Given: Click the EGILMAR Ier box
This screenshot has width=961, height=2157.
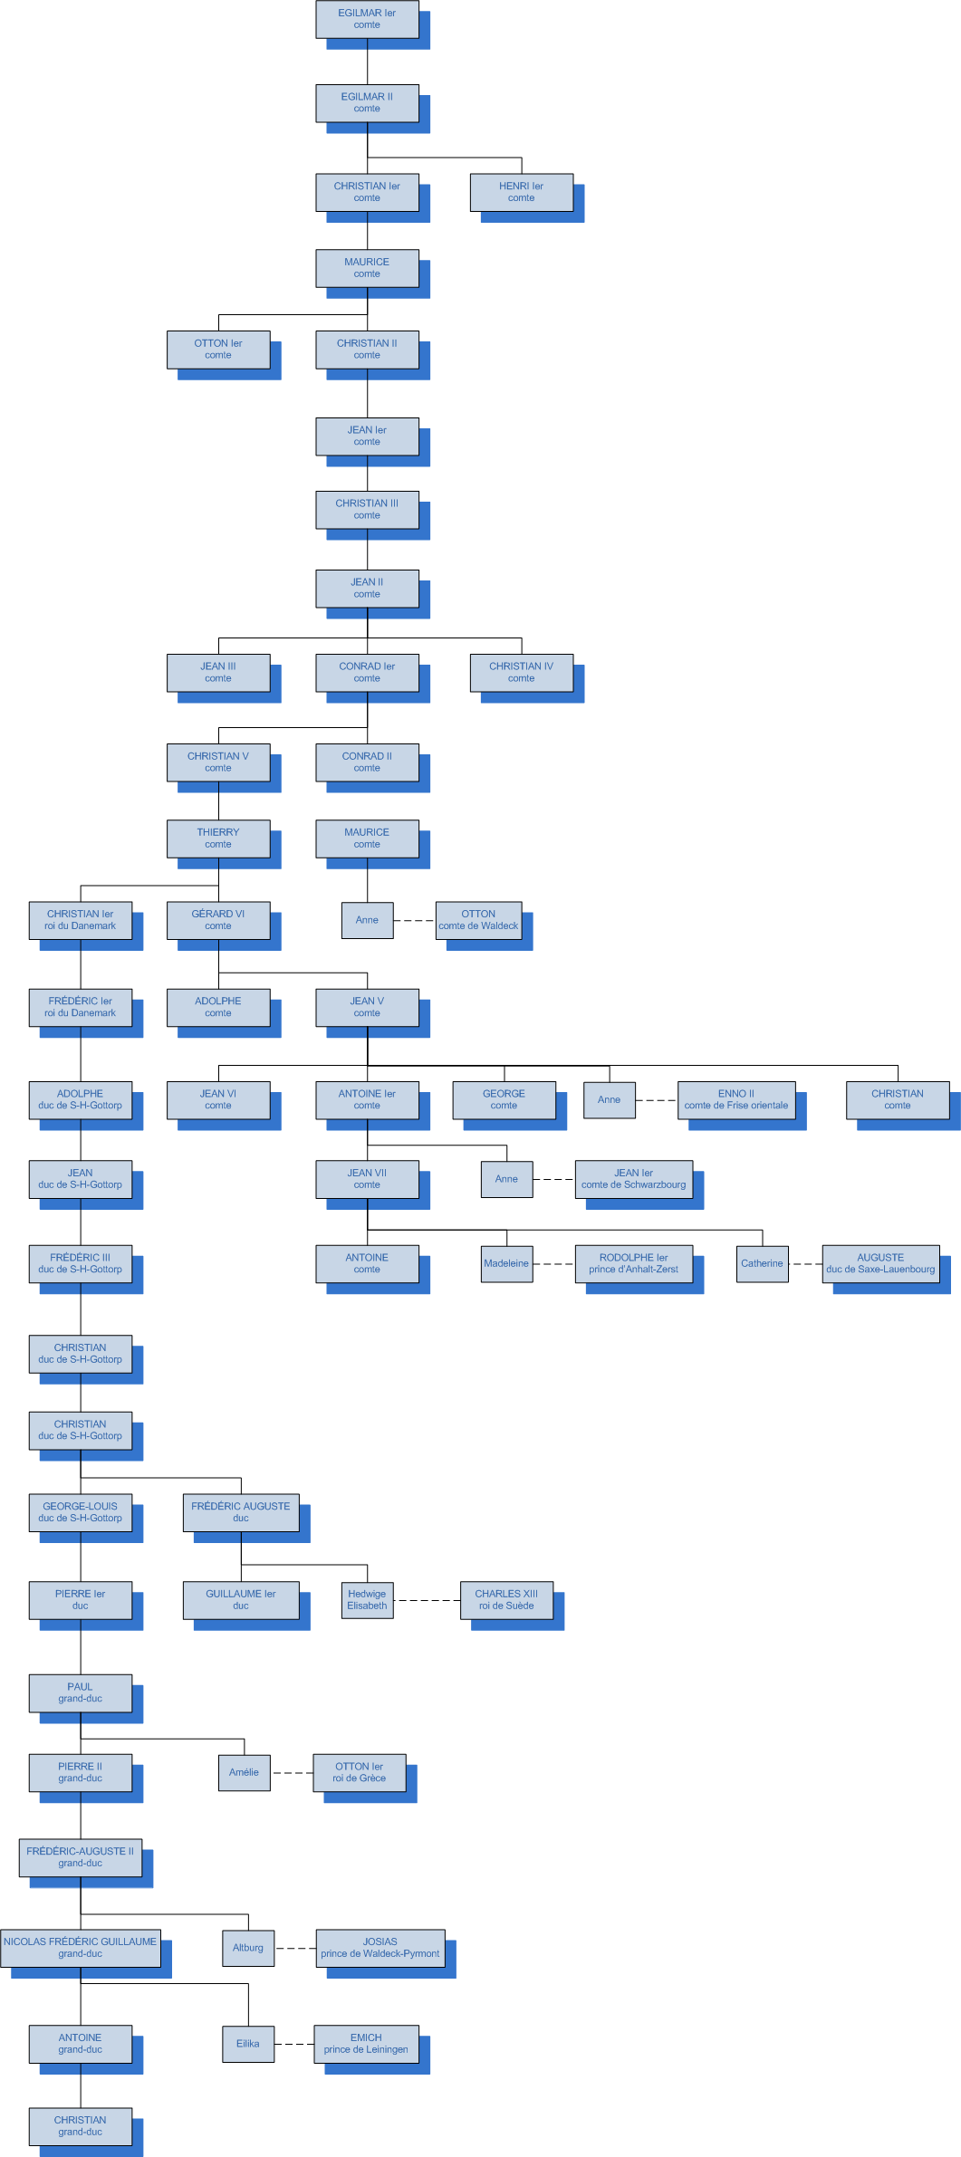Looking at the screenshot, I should pyautogui.click(x=367, y=19).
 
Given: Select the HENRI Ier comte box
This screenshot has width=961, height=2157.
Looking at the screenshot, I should pyautogui.click(x=521, y=192).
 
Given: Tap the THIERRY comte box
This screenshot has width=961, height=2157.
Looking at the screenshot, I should pyautogui.click(x=218, y=839).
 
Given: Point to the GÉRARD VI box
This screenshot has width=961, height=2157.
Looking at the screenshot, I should pyautogui.click(x=218, y=920).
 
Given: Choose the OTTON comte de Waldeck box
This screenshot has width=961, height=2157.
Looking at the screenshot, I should pyautogui.click(x=478, y=920).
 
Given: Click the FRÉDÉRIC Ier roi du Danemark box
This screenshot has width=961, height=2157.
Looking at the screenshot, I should pyautogui.click(x=81, y=1007).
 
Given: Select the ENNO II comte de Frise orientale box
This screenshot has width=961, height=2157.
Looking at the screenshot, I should pyautogui.click(x=735, y=1099).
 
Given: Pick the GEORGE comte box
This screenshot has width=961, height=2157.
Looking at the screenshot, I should pyautogui.click(x=504, y=1099).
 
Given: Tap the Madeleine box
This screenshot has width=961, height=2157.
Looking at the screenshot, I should pyautogui.click(x=506, y=1263).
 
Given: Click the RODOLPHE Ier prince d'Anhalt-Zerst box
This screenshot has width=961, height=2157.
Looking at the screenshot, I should pyautogui.click(x=633, y=1263).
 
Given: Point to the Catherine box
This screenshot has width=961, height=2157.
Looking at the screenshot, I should pyautogui.click(x=762, y=1263).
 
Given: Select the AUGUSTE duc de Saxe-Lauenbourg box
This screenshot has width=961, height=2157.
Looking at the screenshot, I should pyautogui.click(x=880, y=1263).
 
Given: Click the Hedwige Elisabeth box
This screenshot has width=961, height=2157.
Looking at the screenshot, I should pyautogui.click(x=367, y=1600).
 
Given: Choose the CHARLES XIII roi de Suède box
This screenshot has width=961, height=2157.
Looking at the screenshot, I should pyautogui.click(x=506, y=1600).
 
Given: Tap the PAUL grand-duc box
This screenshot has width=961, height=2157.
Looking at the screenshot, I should pyautogui.click(x=81, y=1692).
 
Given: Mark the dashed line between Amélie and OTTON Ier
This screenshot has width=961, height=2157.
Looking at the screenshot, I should pyautogui.click(x=292, y=1773).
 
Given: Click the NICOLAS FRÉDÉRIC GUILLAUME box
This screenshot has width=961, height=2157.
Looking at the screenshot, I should pyautogui.click(x=81, y=1948).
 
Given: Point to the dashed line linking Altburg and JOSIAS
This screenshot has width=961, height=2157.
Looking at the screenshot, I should pyautogui.click(x=295, y=1948).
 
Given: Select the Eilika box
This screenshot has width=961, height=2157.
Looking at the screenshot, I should pyautogui.click(x=248, y=2044).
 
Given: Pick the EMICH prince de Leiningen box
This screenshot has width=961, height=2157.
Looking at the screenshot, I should pyautogui.click(x=366, y=2044).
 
